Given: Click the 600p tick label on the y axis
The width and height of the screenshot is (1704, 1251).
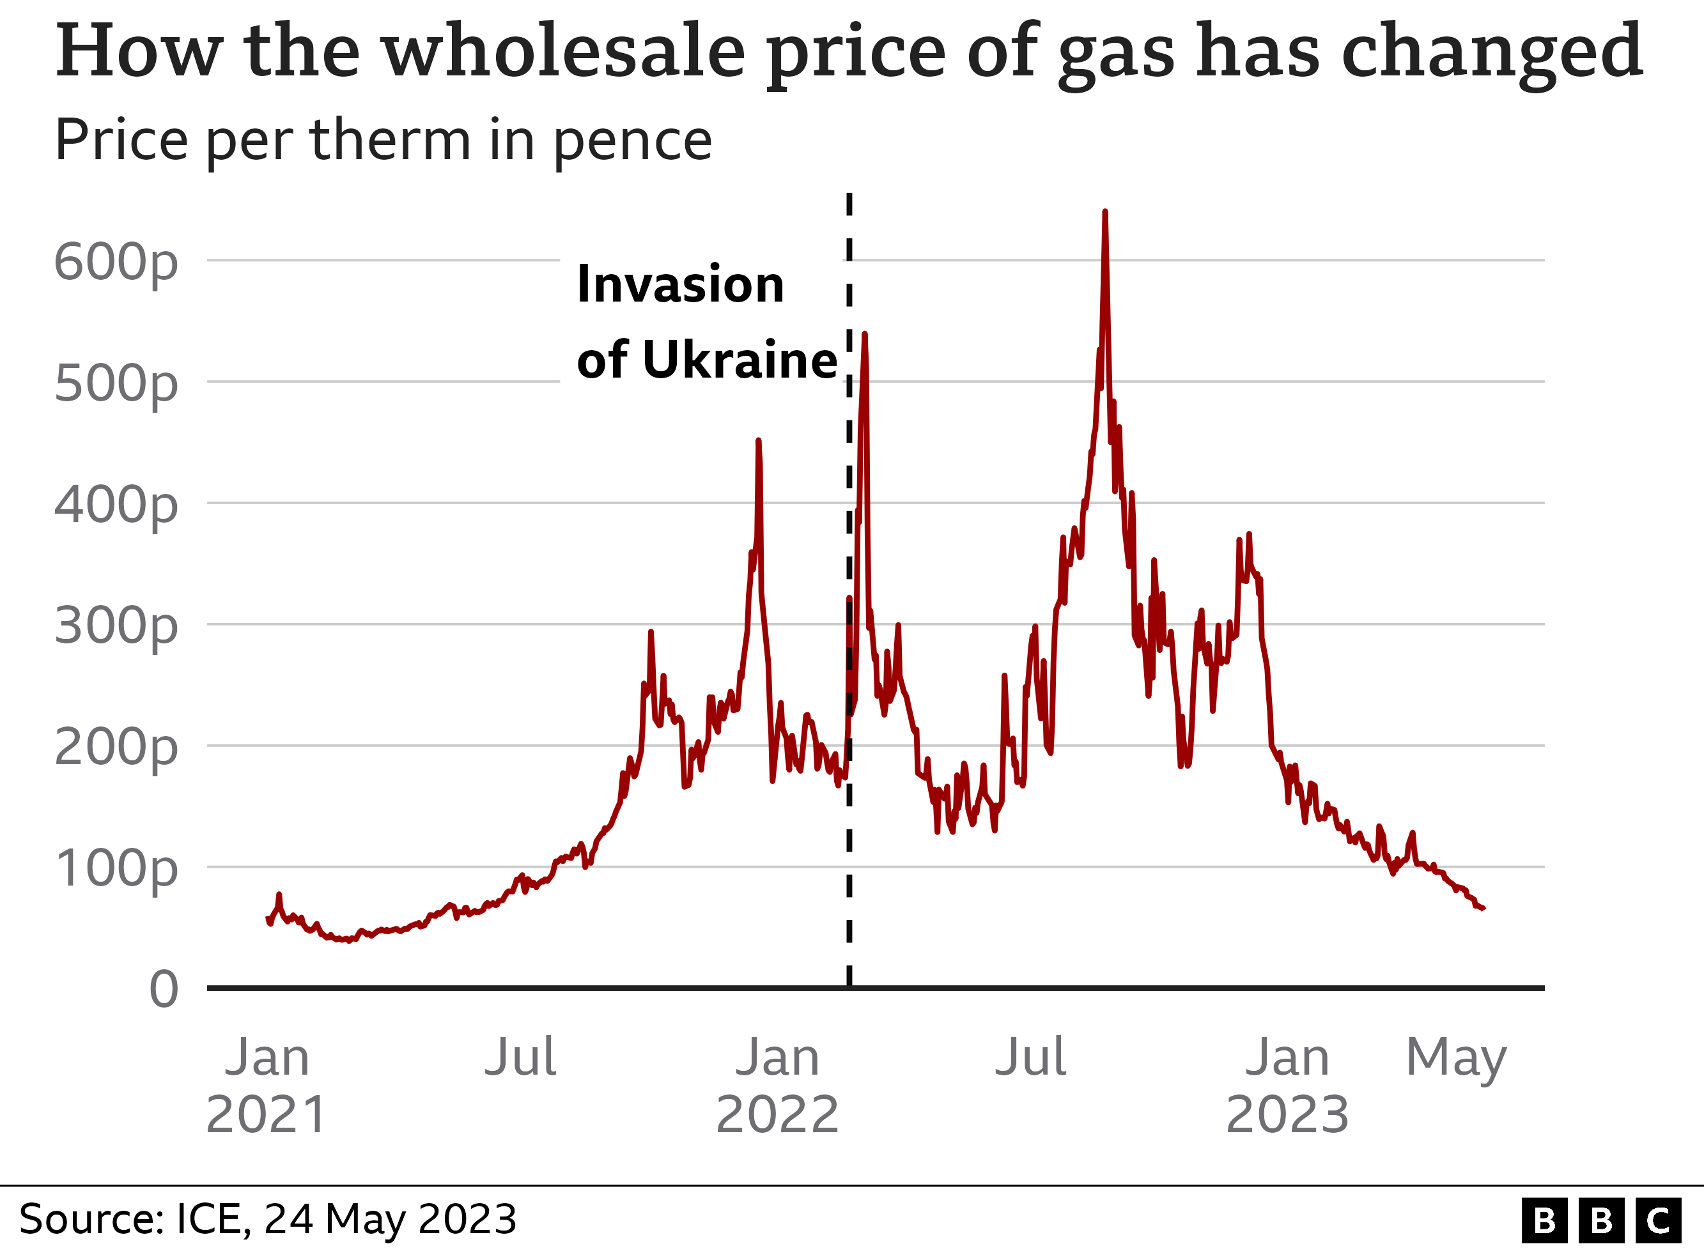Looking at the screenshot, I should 116,263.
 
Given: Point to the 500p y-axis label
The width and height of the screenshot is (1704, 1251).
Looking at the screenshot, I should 116,385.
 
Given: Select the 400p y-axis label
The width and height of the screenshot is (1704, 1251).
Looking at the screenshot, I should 116,506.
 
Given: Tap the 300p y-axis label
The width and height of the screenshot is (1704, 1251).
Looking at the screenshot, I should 116,627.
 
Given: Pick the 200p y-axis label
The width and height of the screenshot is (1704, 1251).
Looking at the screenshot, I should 116,748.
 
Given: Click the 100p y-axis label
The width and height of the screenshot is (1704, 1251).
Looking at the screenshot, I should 116,870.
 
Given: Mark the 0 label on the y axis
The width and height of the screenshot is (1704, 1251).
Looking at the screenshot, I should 164,989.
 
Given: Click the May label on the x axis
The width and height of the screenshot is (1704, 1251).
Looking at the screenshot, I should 1455,1059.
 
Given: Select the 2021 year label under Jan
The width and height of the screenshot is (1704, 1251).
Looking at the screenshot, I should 267,1115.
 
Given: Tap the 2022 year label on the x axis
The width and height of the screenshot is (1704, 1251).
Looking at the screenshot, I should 777,1115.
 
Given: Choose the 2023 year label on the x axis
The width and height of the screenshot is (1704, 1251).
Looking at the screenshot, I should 1287,1115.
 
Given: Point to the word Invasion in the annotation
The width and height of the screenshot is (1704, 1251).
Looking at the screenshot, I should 680,285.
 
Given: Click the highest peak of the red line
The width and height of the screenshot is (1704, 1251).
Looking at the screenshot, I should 1105,212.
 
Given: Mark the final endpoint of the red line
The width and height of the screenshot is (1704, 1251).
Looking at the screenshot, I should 1483,908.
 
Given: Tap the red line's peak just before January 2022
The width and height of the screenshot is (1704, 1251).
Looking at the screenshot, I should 758,441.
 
